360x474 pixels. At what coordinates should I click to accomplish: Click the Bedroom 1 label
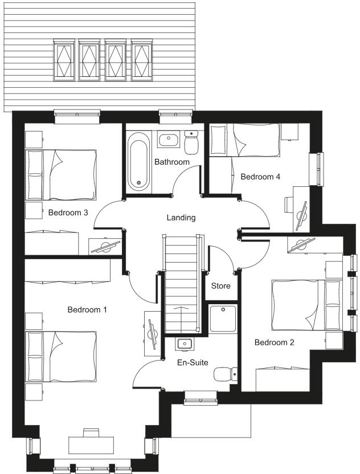pyautogui.click(x=87, y=310)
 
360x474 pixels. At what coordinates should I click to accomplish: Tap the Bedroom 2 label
pyautogui.click(x=274, y=342)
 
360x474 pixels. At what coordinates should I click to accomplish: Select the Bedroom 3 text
pyautogui.click(x=68, y=213)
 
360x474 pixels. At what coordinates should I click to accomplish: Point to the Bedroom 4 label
pyautogui.click(x=260, y=177)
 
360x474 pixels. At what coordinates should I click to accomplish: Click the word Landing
pyautogui.click(x=181, y=218)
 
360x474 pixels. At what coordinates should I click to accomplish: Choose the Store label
pyautogui.click(x=220, y=285)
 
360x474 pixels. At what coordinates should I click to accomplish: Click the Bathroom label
pyautogui.click(x=171, y=162)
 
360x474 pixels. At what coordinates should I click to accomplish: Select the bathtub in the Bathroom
pyautogui.click(x=138, y=161)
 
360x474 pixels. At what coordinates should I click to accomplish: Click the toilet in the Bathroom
pyautogui.click(x=191, y=142)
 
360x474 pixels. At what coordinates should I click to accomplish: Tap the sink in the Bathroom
pyautogui.click(x=167, y=139)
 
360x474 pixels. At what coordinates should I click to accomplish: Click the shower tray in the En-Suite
pyautogui.click(x=223, y=319)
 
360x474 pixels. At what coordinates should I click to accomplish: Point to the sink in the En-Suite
pyautogui.click(x=184, y=344)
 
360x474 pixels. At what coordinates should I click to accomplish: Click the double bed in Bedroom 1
pyautogui.click(x=62, y=356)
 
